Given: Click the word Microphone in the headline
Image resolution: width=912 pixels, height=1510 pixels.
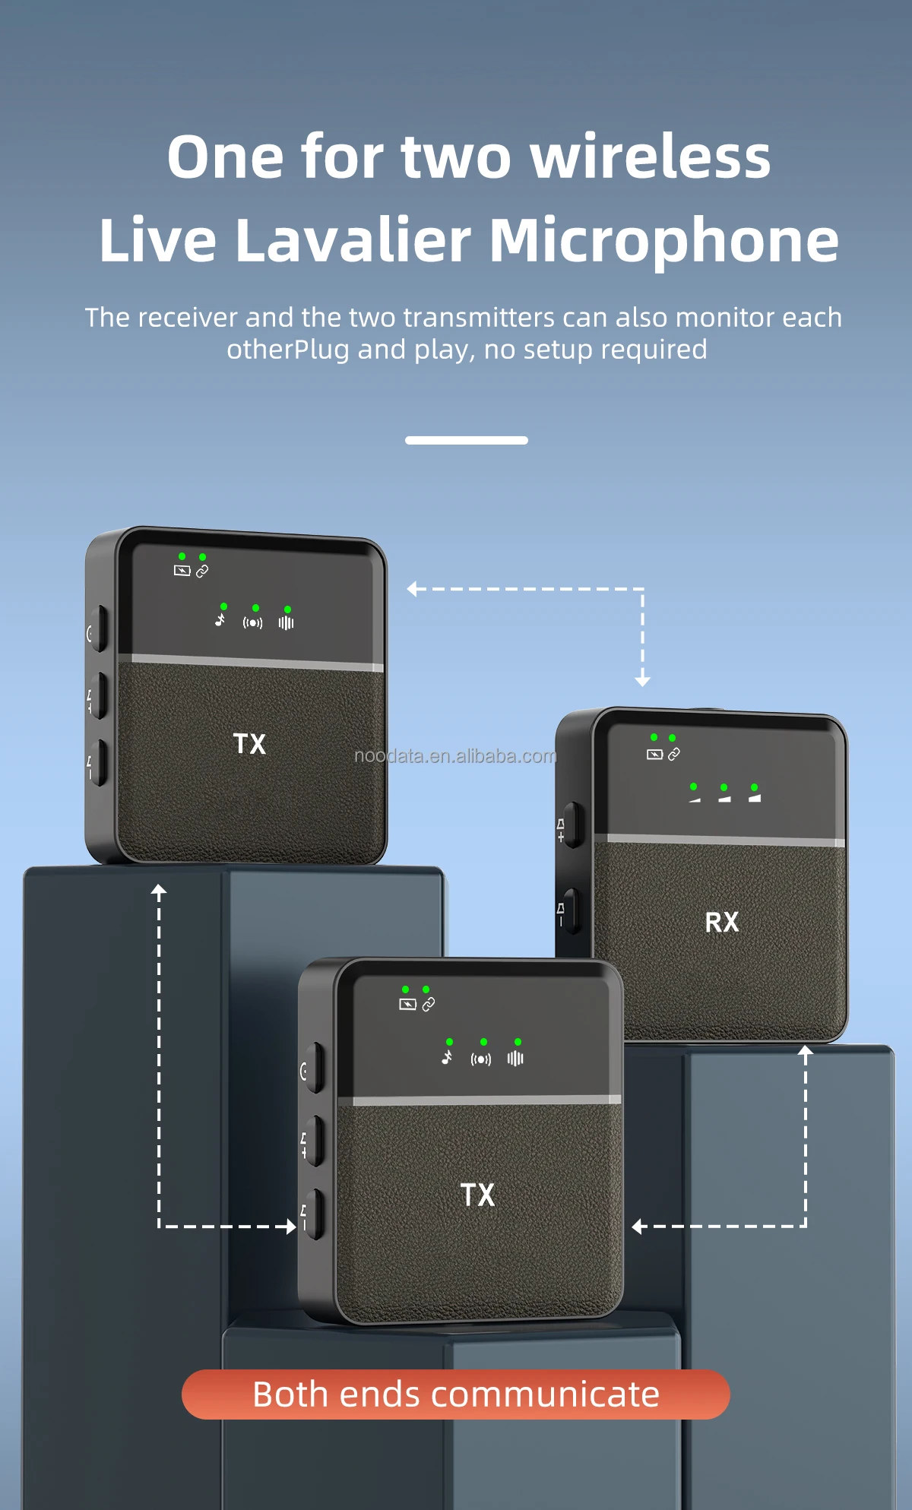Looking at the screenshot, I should [663, 240].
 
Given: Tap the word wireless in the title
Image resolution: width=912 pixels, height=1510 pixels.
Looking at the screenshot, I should [650, 157].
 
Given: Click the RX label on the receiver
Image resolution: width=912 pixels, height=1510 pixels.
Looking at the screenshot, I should [721, 922].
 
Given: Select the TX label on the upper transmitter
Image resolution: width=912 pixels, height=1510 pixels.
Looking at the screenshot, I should [249, 743].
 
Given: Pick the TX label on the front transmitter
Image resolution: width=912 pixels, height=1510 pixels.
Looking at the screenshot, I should [477, 1195].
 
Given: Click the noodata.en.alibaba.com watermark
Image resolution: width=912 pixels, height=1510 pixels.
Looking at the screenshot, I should [455, 756].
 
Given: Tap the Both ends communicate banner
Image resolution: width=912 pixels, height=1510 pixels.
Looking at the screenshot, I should [456, 1394].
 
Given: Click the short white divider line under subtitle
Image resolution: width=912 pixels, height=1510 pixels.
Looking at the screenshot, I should [466, 440].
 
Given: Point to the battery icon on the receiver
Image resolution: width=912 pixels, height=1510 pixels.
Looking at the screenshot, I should [654, 755].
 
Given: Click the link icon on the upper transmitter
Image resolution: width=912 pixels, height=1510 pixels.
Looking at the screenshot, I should [202, 571].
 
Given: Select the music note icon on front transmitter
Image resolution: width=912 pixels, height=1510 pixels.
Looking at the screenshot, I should [448, 1057].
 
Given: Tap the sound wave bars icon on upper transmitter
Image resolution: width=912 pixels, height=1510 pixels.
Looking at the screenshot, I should [286, 622].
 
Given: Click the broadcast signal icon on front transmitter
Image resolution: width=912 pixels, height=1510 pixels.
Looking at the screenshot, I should [481, 1059].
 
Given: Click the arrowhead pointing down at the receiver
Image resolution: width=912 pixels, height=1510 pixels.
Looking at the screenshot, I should [643, 681].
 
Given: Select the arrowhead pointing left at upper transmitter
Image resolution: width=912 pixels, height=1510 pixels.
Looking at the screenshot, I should [412, 589].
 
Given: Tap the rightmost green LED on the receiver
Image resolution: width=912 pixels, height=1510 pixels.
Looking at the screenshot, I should [754, 787].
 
